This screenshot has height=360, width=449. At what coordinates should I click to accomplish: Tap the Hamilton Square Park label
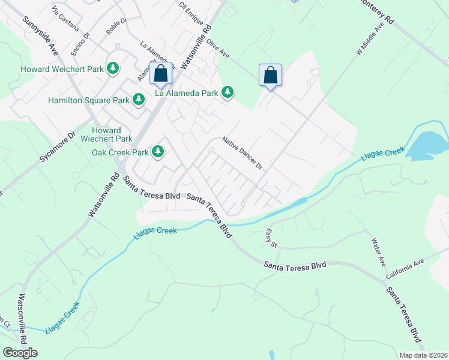coord(89,98)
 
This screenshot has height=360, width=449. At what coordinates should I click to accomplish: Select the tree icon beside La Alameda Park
coord(227,92)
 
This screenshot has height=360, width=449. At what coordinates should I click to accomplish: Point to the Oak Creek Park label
coord(120,152)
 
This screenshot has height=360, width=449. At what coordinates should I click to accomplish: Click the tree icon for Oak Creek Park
coord(158,151)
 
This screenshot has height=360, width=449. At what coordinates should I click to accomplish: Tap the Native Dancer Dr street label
coord(243,152)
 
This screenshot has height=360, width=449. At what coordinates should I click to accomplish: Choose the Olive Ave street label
coord(217,48)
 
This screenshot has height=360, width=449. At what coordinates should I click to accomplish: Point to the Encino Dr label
coord(80,44)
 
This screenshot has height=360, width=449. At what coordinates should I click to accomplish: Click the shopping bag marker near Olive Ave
coord(271,76)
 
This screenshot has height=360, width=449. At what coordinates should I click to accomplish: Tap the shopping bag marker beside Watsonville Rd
coord(161,74)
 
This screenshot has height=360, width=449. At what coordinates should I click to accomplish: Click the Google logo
coord(20,353)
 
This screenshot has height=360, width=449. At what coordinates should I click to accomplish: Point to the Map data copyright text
coord(424,355)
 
